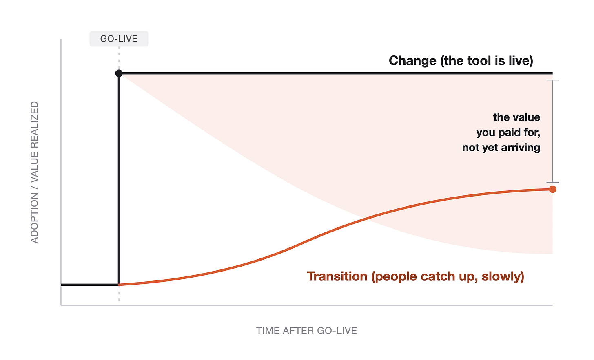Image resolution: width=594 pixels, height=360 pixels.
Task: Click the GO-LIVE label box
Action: coord(119,39)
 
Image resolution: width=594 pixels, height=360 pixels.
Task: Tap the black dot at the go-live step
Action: coord(119,73)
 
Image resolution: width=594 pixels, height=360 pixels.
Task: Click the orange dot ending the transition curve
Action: coord(553,189)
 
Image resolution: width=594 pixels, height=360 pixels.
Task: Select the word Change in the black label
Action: coord(412,61)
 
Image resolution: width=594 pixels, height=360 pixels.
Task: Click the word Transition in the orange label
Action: coord(337,276)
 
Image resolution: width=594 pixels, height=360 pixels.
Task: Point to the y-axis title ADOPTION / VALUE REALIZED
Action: coord(35,172)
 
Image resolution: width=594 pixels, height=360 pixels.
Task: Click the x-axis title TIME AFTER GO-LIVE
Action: coord(306,331)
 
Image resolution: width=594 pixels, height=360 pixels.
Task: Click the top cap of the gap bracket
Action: coord(553,80)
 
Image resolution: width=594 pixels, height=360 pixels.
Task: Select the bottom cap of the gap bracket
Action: coord(553,182)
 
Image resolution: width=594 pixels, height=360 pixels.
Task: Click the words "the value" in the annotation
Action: coord(516,117)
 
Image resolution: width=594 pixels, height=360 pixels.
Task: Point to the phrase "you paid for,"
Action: coord(508,133)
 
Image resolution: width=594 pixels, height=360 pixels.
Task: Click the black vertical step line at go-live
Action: coord(119,179)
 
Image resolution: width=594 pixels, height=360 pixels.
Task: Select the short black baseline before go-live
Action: coord(90,285)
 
